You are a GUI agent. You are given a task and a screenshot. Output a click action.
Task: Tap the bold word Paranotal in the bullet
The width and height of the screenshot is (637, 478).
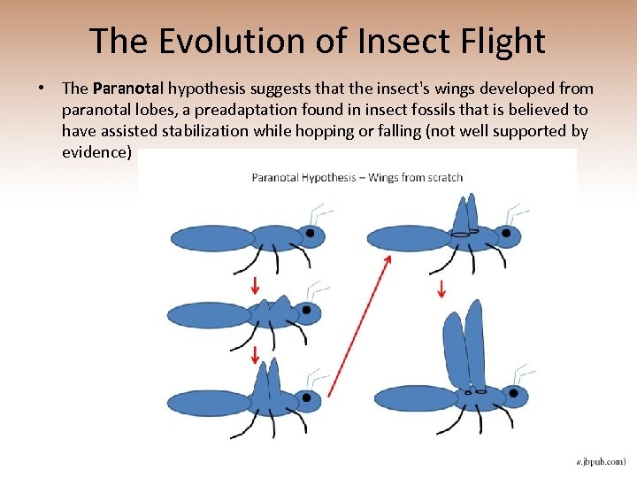coord(128,89)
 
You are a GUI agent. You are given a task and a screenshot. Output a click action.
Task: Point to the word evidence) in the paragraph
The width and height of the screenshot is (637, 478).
coord(97,152)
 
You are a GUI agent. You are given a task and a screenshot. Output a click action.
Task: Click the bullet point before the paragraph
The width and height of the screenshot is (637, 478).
coord(41,89)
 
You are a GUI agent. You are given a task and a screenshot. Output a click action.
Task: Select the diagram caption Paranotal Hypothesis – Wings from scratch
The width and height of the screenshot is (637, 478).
coord(357,177)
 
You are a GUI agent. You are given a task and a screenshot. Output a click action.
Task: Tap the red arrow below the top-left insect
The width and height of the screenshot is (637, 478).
coord(255,285)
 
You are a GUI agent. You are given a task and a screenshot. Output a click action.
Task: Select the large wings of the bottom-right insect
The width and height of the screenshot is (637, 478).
coord(465,345)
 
